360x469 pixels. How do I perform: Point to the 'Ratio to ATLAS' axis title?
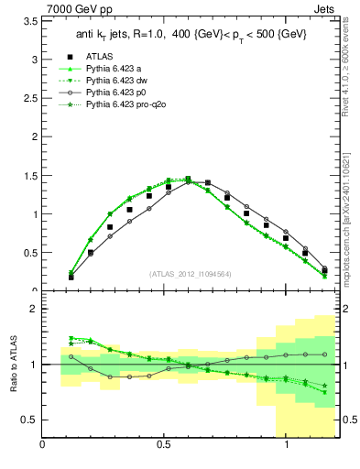coord(13,365)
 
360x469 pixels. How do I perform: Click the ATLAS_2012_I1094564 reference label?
coord(189,273)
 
